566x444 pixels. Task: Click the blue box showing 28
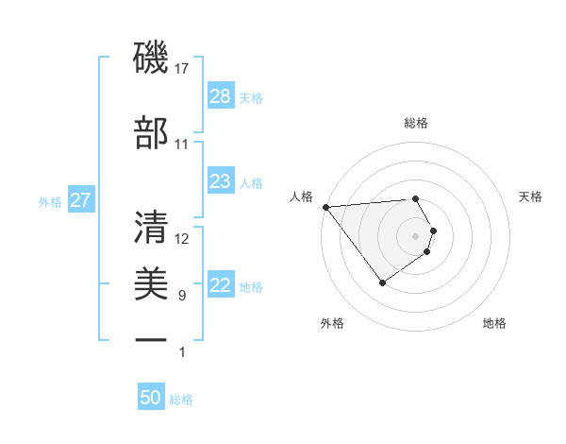[220, 96]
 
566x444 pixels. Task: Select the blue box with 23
[220, 181]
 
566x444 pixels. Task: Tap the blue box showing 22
[220, 286]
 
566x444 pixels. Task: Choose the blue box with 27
[80, 200]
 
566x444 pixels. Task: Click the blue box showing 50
[151, 398]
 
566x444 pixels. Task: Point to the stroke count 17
[182, 69]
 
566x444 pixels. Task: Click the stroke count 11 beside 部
[182, 145]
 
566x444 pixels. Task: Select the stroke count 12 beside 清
[182, 239]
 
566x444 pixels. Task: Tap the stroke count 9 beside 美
[182, 296]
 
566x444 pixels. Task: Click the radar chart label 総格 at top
[416, 123]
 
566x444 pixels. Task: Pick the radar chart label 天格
[531, 196]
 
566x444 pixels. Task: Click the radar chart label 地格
[494, 323]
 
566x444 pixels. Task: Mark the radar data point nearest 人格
[325, 207]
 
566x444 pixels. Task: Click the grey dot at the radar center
[416, 234]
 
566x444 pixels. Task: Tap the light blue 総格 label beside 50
[181, 400]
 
